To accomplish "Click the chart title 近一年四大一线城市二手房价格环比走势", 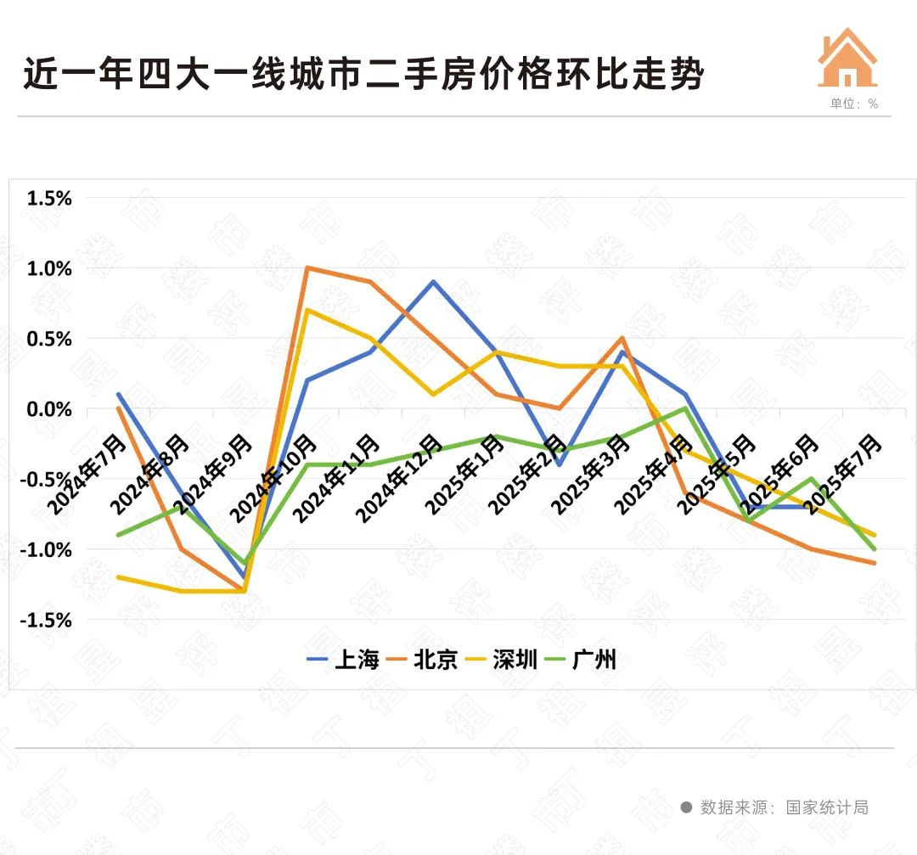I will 363,75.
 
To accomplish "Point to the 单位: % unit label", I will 854,104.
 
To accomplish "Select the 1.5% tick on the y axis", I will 49,199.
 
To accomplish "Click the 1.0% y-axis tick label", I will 49,269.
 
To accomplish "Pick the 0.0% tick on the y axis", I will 49,409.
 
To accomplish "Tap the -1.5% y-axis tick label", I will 47,621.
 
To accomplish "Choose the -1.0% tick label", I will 47,550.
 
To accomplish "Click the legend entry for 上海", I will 343,660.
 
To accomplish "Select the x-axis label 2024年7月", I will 82,475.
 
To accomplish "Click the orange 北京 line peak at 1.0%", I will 307,268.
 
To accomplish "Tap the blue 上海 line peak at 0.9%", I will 433,282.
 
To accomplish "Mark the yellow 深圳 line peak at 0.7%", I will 307,310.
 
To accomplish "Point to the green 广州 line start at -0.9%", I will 118,535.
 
